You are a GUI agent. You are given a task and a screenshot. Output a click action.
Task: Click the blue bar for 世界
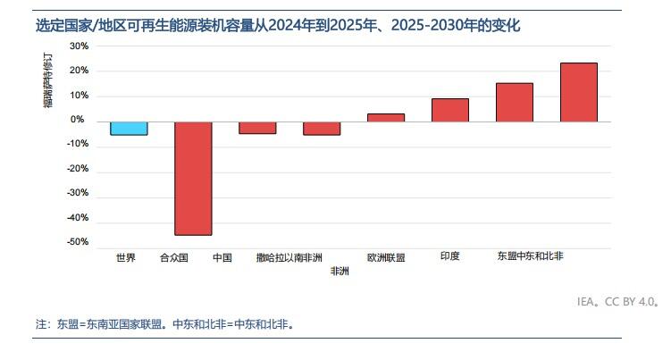pyautogui.click(x=129, y=128)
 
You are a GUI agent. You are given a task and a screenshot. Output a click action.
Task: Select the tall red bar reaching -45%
pyautogui.click(x=193, y=178)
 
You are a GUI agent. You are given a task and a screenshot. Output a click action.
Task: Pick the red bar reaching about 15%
pyautogui.click(x=514, y=102)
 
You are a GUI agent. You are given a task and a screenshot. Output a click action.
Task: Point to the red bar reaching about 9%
pyautogui.click(x=449, y=110)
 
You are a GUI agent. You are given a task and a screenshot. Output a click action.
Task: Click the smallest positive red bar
pyautogui.click(x=386, y=117)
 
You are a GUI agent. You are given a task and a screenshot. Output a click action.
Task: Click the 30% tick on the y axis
pyautogui.click(x=79, y=46)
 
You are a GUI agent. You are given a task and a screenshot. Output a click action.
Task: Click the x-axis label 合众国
pyautogui.click(x=173, y=257)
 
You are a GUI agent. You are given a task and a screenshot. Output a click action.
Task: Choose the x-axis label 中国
pyautogui.click(x=222, y=257)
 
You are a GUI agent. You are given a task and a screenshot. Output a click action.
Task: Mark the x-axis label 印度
pyautogui.click(x=449, y=256)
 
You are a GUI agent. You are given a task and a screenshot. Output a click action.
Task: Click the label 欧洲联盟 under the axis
pyautogui.click(x=386, y=257)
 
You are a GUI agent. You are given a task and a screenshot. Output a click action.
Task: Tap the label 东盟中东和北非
pyautogui.click(x=530, y=256)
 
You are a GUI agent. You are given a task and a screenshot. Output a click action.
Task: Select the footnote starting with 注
pyautogui.click(x=164, y=324)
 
